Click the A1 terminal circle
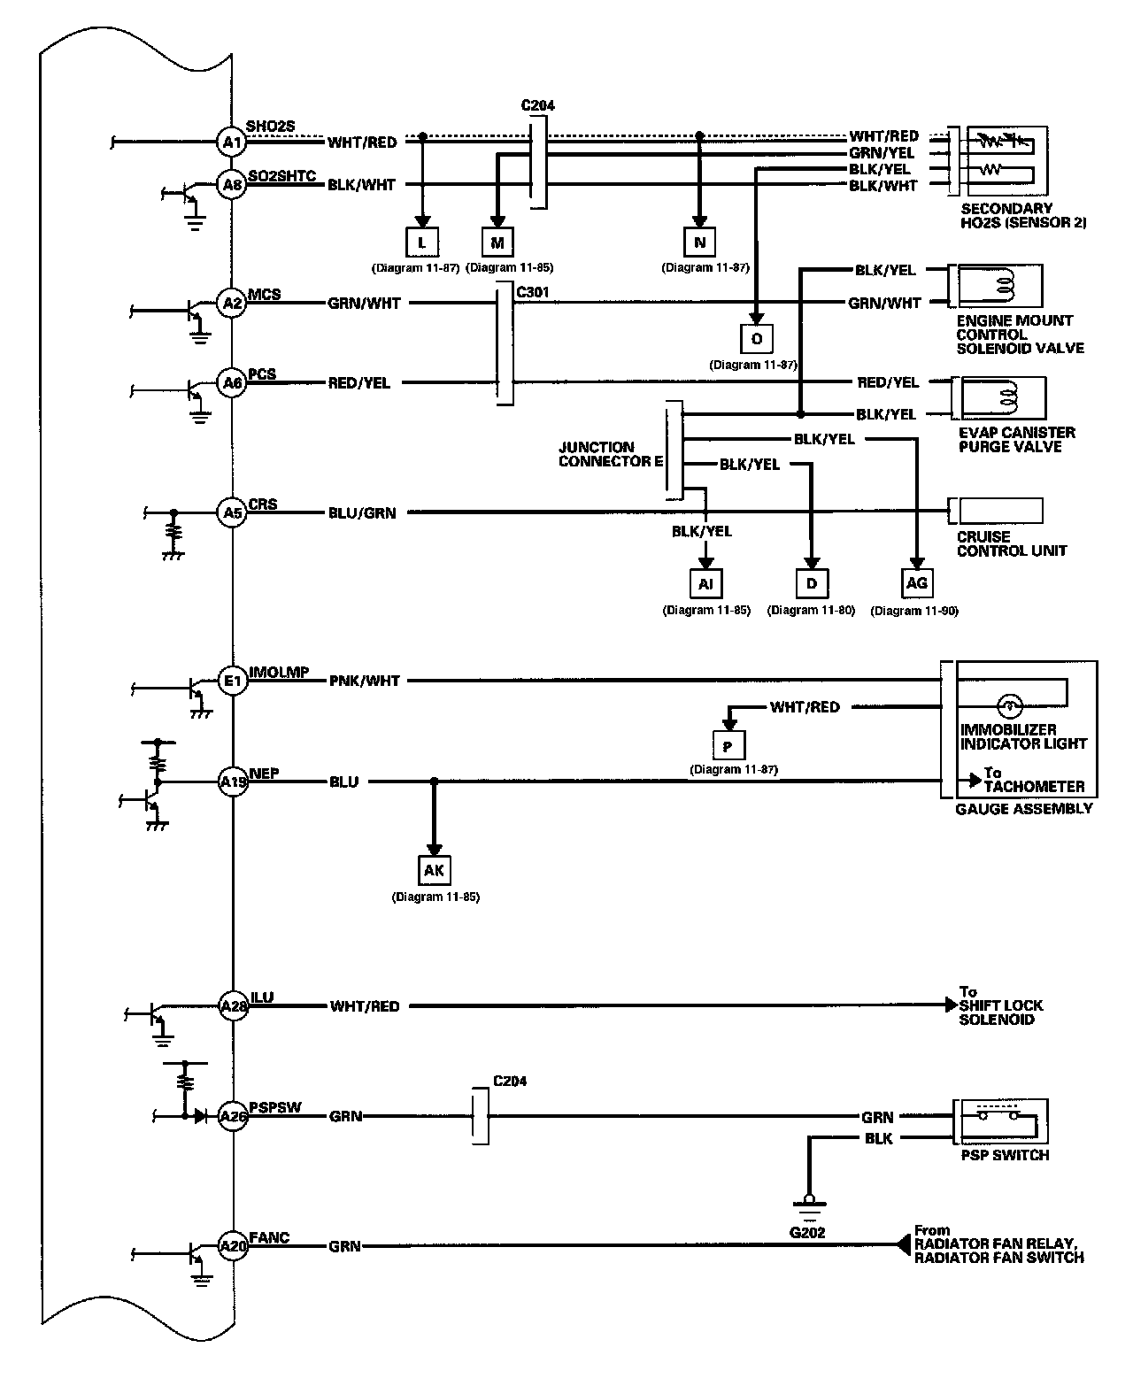[x=231, y=142]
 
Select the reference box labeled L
[x=422, y=243]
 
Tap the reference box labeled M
[x=497, y=243]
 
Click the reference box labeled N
[x=699, y=243]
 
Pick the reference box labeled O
[x=757, y=338]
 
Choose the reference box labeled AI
[x=705, y=583]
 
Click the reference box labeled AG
[x=917, y=583]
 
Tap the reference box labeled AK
[x=435, y=870]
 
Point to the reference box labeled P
[x=728, y=746]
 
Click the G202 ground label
[x=807, y=1232]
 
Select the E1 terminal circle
[x=233, y=681]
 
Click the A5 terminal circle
[x=232, y=512]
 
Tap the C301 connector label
[x=532, y=292]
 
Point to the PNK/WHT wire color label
[x=365, y=681]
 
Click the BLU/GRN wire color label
[x=362, y=513]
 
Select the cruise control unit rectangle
[x=1001, y=511]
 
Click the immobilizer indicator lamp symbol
[x=1009, y=705]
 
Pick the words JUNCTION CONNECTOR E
[x=611, y=454]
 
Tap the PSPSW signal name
[x=274, y=1107]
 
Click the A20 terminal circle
[x=233, y=1245]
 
